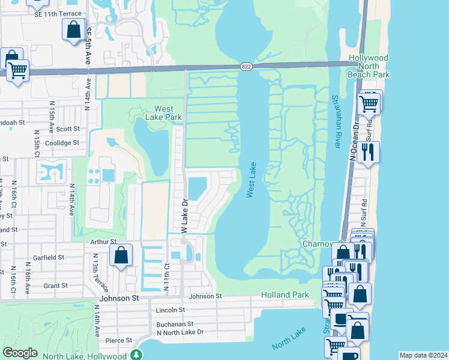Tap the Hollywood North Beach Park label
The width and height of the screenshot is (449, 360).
coord(369,66)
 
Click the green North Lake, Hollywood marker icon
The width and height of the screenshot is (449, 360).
coord(137,355)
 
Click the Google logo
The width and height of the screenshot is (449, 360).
coord(20,353)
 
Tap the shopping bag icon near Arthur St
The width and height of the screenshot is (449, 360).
coord(121,254)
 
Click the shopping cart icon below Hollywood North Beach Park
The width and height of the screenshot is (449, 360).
coord(369,104)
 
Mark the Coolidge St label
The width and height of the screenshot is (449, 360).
coord(62,143)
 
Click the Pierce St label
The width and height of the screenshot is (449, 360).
coord(119,340)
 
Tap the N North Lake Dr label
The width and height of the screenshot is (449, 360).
coord(180,332)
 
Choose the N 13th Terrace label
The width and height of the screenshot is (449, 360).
coord(95,268)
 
